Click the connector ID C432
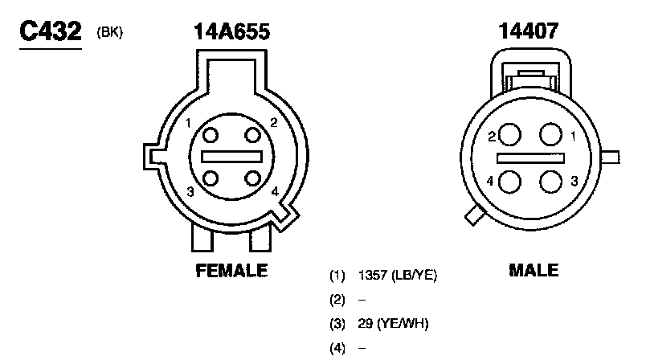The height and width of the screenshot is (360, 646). point(51,31)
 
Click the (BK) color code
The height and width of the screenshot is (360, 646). point(109,32)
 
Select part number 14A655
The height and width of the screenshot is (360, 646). point(232,31)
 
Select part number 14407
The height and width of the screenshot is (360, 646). point(529,31)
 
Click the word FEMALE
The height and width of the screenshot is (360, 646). point(231,271)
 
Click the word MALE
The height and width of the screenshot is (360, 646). point(534,270)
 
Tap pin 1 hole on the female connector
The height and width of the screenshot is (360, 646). point(211,135)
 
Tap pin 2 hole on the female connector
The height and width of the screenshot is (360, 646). point(252,135)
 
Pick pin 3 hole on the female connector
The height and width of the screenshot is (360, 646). point(211,178)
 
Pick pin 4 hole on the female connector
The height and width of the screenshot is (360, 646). point(252,178)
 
